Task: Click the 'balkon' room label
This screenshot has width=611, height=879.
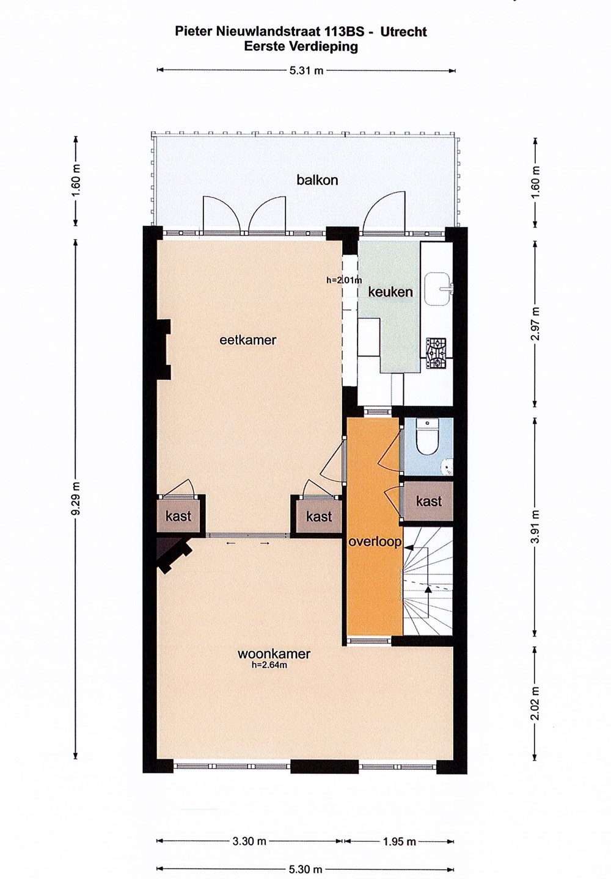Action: tap(317, 180)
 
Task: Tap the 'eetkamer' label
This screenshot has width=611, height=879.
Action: tap(248, 340)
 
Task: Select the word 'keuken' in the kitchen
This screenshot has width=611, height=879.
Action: tap(390, 292)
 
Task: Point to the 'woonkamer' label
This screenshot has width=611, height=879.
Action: tap(274, 654)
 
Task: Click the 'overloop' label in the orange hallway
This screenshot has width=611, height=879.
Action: tap(375, 542)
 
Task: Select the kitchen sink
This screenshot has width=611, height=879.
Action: tap(437, 289)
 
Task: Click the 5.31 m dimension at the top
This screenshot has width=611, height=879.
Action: tap(306, 71)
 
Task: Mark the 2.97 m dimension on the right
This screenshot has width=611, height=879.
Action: tap(536, 323)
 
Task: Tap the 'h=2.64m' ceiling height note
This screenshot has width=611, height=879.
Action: tap(269, 665)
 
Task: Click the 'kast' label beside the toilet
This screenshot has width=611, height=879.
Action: tap(429, 501)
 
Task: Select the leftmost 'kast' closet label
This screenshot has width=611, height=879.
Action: tap(178, 516)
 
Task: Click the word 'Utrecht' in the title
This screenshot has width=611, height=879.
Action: tap(403, 32)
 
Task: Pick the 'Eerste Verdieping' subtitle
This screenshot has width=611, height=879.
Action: tap(301, 46)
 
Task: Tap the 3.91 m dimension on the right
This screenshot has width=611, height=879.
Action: tap(536, 526)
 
